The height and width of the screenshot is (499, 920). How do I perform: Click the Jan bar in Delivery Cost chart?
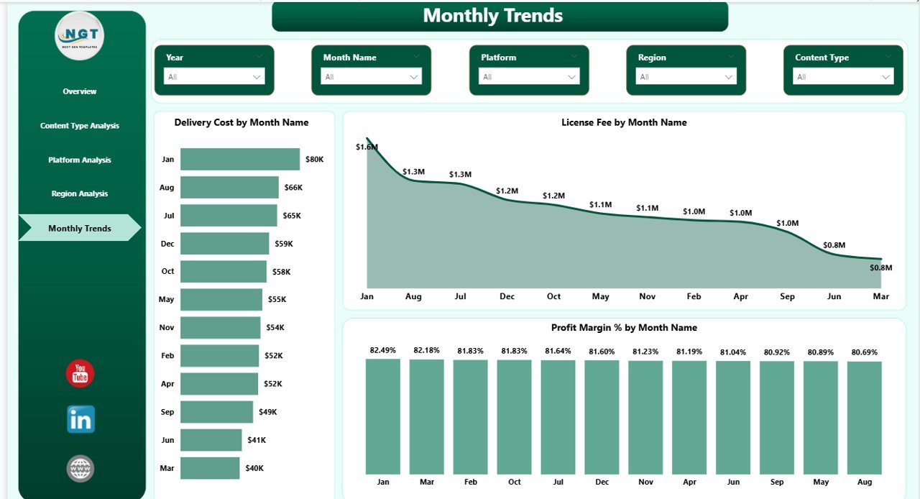[x=239, y=159]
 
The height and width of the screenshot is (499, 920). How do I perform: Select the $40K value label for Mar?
[x=254, y=468]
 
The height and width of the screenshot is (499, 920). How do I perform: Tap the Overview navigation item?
[x=80, y=91]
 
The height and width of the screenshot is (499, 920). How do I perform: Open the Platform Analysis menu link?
[x=80, y=160]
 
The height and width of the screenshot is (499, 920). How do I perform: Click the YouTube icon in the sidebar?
[x=80, y=374]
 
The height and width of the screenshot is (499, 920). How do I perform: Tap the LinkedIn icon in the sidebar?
[x=80, y=419]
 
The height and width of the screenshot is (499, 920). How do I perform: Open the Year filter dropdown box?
[x=214, y=77]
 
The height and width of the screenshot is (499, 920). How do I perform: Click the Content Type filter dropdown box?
[x=844, y=77]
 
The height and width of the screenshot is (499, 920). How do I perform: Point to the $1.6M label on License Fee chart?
[x=367, y=147]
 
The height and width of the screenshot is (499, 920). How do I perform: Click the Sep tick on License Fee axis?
[x=787, y=296]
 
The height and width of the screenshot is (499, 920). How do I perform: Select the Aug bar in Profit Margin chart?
[x=864, y=417]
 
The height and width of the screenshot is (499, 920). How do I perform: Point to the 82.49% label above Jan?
[x=382, y=350]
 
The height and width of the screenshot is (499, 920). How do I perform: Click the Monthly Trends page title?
[x=493, y=15]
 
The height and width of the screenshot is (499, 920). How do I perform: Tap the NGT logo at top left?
[x=80, y=36]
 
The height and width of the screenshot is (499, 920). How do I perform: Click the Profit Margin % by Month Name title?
[x=624, y=327]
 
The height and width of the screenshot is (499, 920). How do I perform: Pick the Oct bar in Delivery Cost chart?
[x=223, y=272]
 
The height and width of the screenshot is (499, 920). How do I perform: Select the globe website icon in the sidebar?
[x=80, y=468]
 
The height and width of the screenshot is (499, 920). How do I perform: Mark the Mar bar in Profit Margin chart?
[x=426, y=417]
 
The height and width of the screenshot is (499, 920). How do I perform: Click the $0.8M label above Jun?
[x=834, y=245]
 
